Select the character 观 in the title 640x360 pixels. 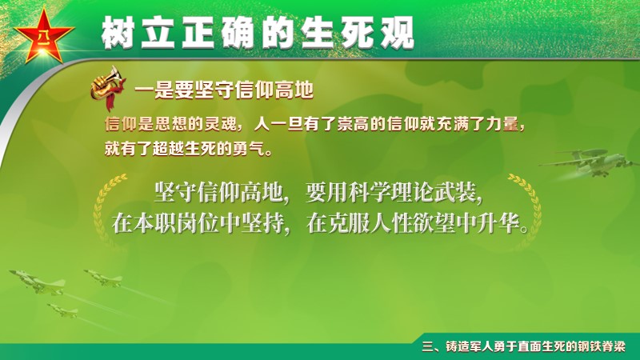tap(397, 33)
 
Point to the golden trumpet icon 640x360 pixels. tap(107, 88)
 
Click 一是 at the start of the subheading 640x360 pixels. tap(154, 90)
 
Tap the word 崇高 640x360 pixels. tap(353, 124)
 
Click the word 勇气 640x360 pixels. tap(248, 148)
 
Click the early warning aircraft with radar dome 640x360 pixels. tap(589, 163)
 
